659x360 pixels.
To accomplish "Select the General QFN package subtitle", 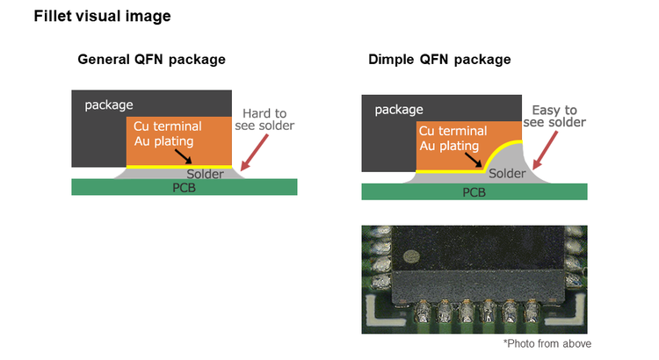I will point(151,60).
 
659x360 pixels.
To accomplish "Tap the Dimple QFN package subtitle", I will point(440,60).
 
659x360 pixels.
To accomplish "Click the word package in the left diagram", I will point(109,105).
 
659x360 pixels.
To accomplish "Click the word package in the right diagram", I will point(399,110).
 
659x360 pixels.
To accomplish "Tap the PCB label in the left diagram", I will point(185,187).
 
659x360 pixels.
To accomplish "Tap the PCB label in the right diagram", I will point(474,192).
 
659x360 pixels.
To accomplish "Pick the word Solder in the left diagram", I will point(204,173).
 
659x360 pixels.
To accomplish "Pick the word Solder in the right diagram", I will point(506,174).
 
